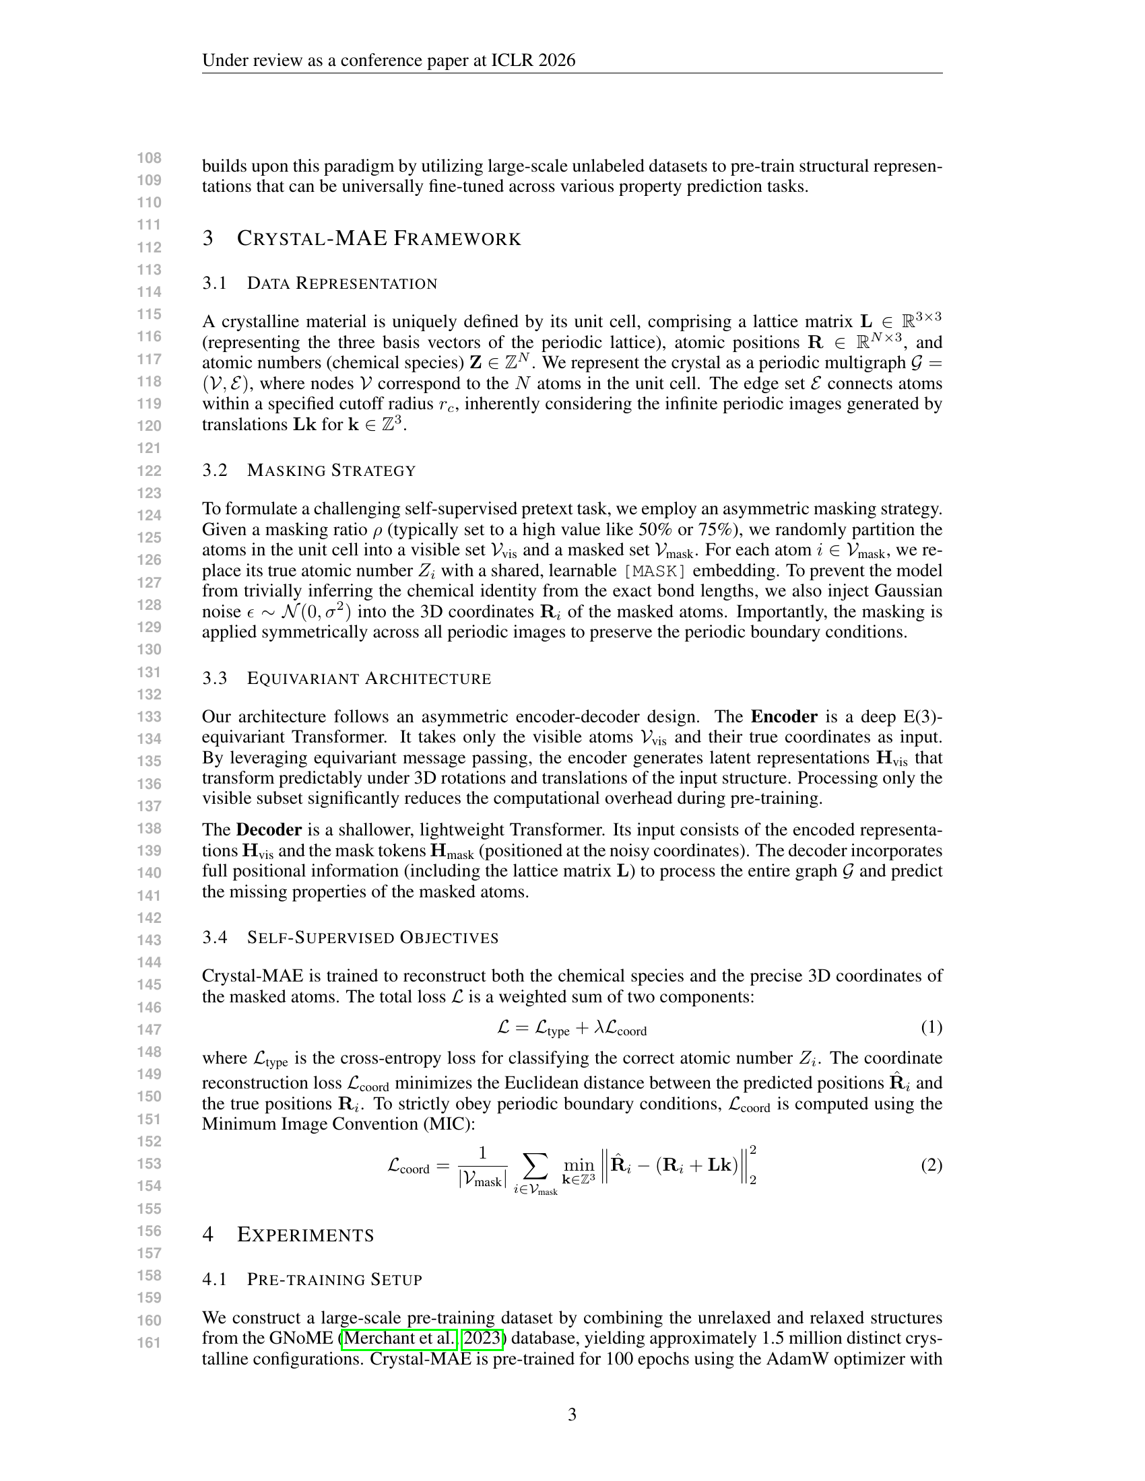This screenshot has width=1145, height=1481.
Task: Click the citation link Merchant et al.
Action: (x=399, y=1338)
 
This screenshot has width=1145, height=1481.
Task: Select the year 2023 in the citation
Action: (x=482, y=1338)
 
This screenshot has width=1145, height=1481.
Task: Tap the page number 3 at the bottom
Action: (x=572, y=1414)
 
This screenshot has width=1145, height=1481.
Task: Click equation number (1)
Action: (x=931, y=1027)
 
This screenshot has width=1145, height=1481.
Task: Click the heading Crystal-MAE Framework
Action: (x=379, y=239)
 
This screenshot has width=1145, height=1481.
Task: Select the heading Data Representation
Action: (x=342, y=283)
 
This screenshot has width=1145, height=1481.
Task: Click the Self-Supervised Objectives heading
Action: (x=372, y=938)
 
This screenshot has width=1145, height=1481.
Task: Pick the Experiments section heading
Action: (x=305, y=1235)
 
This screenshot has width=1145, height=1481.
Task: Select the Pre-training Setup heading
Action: (x=335, y=1280)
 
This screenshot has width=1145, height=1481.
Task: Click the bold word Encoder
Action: (x=783, y=717)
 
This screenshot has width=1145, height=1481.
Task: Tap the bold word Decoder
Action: (x=269, y=830)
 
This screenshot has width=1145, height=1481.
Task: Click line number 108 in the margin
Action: (x=150, y=158)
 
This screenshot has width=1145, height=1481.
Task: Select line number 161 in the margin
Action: (x=150, y=1342)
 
